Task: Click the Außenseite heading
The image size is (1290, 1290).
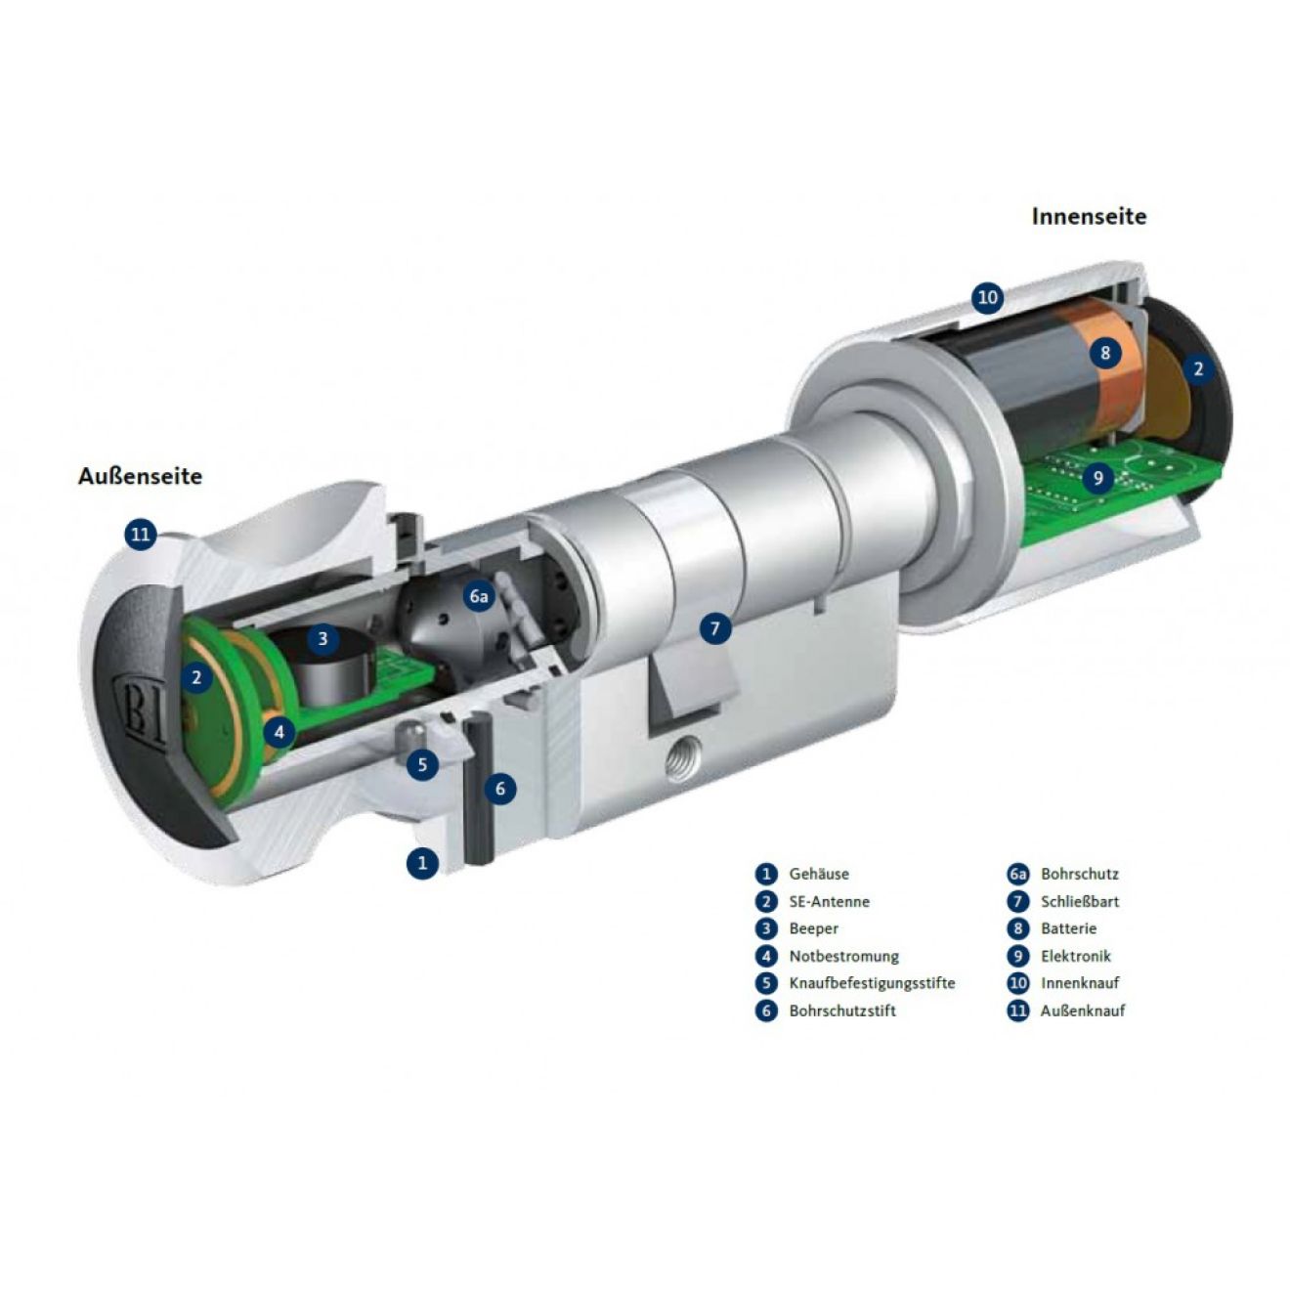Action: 140,476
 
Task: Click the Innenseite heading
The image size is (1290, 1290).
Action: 1089,216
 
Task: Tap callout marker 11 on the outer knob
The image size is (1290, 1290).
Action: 141,535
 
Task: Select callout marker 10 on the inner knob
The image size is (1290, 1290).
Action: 988,296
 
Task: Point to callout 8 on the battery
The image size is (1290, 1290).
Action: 1105,352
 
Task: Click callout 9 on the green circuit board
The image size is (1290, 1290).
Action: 1097,477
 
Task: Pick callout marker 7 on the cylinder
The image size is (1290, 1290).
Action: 715,628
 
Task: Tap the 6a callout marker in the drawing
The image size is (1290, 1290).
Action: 479,596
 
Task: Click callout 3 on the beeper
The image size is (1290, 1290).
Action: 322,638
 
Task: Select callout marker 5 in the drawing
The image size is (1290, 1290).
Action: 422,764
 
